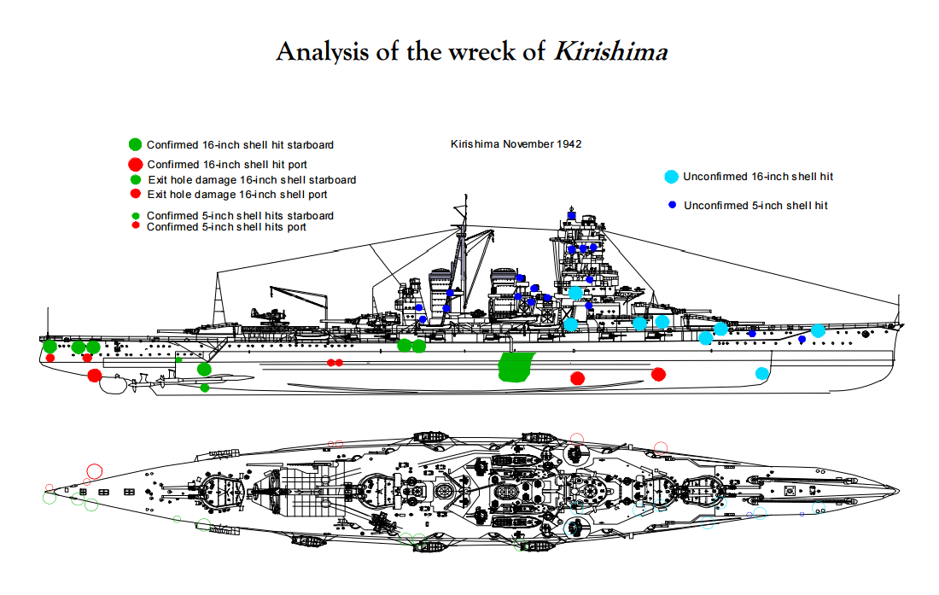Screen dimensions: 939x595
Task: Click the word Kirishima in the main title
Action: (x=610, y=51)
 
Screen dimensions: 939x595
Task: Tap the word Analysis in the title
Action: (x=322, y=52)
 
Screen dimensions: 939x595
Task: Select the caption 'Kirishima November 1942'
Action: (x=516, y=144)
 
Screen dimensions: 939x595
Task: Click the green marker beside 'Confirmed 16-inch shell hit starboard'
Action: (x=136, y=144)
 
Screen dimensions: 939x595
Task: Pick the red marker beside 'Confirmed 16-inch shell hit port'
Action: (x=136, y=164)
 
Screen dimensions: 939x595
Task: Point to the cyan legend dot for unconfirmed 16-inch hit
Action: (x=671, y=177)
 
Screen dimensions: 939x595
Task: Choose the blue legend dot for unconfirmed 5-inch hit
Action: (x=673, y=205)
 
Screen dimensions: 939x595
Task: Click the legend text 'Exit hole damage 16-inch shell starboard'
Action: (x=252, y=179)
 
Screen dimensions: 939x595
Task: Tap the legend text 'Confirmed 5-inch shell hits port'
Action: (x=226, y=227)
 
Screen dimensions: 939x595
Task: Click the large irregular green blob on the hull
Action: (x=515, y=366)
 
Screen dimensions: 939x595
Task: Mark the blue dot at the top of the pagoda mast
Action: (x=571, y=215)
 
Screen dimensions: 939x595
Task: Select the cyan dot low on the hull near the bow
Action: (x=761, y=374)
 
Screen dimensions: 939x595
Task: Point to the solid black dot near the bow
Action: (x=866, y=334)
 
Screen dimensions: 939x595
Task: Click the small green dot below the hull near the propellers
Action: (x=205, y=388)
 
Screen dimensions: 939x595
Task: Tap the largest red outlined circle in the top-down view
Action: (x=95, y=471)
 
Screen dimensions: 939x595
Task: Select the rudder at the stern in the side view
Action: (x=112, y=385)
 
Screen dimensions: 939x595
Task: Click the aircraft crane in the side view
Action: (x=300, y=300)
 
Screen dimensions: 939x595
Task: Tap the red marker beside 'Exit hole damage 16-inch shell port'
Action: (x=136, y=193)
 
